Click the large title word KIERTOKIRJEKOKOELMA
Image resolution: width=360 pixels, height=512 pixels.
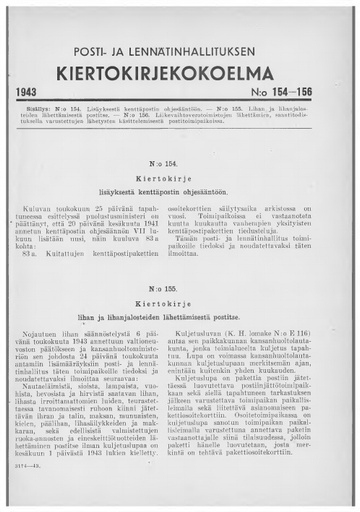click(179, 71)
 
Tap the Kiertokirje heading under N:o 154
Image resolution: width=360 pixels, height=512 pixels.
click(180, 174)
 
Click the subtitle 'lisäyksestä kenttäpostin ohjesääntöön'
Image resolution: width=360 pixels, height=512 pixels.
click(180, 188)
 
